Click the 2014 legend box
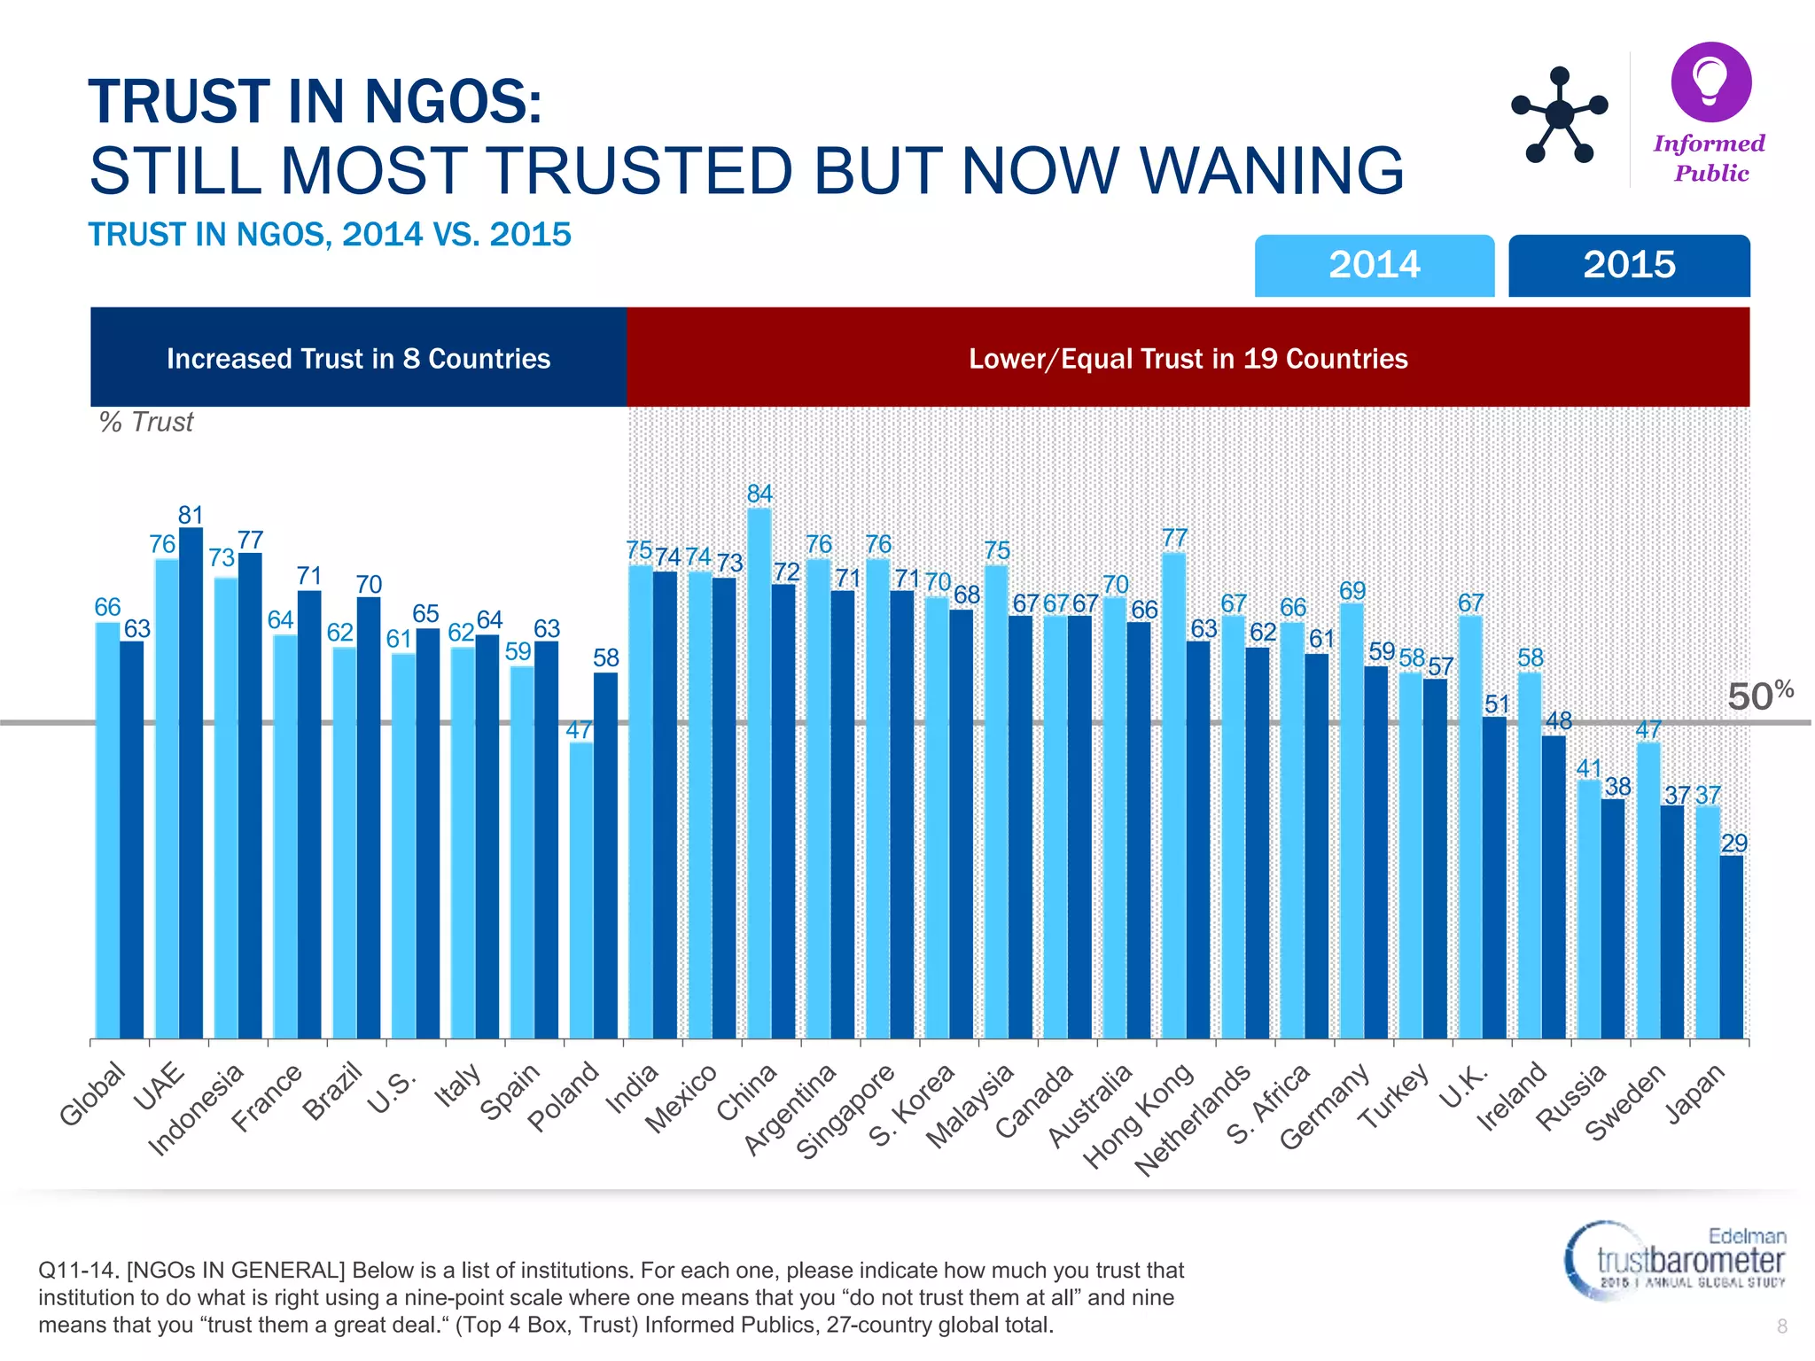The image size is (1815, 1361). (x=1374, y=265)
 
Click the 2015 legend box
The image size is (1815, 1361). (x=1629, y=265)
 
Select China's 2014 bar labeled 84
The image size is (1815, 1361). (x=759, y=771)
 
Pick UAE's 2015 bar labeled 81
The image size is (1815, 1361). (x=191, y=780)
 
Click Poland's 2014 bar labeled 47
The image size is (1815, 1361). (x=581, y=890)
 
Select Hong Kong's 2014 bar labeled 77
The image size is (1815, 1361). (x=1173, y=793)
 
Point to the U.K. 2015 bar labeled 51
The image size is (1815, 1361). (x=1495, y=877)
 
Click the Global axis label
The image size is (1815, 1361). (x=92, y=1095)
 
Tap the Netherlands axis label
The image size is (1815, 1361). (x=1192, y=1121)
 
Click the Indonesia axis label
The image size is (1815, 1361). (x=195, y=1111)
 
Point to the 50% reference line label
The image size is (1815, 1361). (x=1759, y=696)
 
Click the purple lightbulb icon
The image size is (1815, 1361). (x=1710, y=82)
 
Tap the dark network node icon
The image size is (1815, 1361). (x=1559, y=115)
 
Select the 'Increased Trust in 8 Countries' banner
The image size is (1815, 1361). (x=358, y=358)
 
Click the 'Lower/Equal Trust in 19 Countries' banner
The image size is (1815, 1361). (x=1188, y=358)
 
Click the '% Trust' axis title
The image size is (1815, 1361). (x=146, y=422)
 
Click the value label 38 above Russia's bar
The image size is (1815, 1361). (x=1617, y=787)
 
